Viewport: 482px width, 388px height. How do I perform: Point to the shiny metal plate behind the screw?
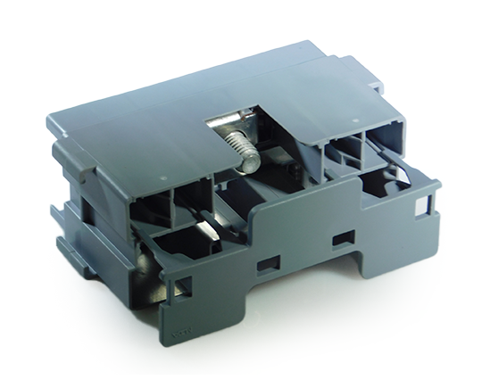click(x=230, y=125)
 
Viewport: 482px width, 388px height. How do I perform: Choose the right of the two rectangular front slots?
click(x=340, y=239)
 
